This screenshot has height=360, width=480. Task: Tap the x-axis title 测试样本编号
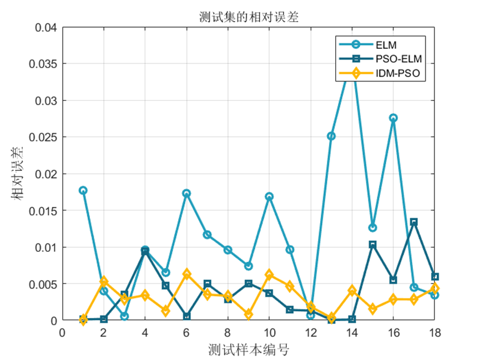[248, 350]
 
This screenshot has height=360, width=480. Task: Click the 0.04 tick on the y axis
[45, 27]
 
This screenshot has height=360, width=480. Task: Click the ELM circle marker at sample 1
[83, 190]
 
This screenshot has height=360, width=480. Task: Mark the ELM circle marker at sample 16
[393, 118]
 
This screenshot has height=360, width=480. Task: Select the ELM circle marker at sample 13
[331, 136]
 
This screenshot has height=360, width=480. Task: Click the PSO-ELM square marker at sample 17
[414, 222]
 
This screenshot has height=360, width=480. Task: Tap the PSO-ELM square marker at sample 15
[373, 245]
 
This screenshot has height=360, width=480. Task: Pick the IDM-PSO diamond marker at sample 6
[186, 274]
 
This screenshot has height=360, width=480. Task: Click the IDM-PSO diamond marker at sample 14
[352, 290]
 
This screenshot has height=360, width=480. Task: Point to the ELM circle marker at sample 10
[269, 196]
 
